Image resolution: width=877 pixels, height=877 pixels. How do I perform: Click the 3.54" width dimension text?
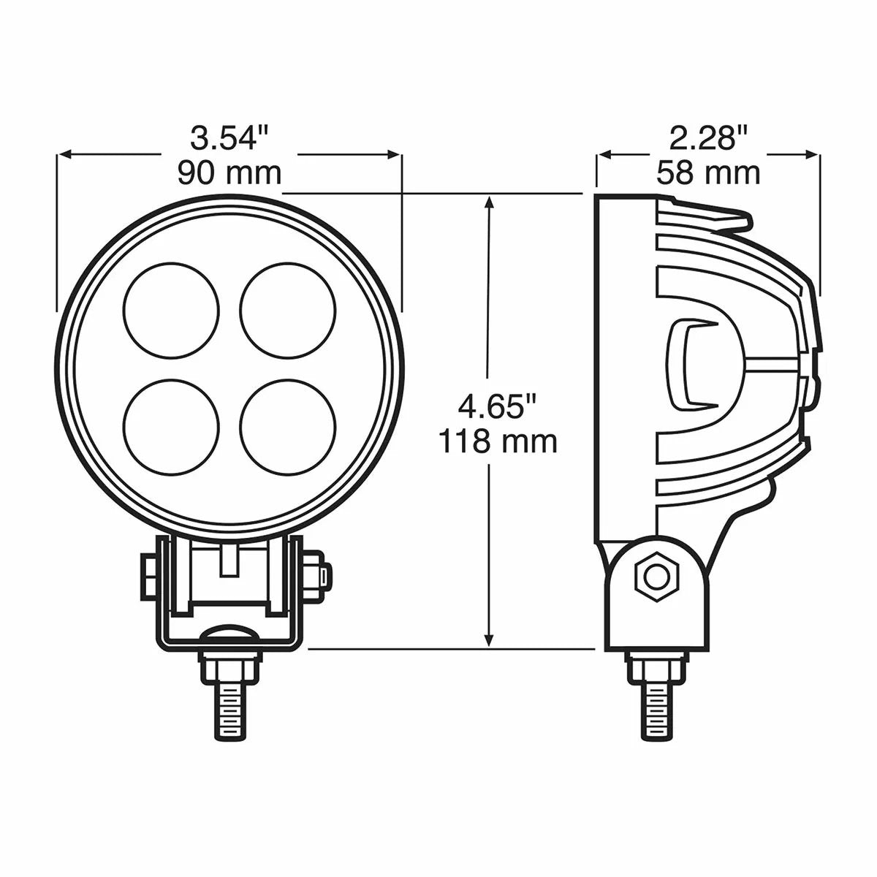(x=229, y=137)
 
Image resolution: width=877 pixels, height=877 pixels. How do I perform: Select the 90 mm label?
(x=229, y=173)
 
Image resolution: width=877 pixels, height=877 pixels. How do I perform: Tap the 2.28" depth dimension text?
(x=707, y=137)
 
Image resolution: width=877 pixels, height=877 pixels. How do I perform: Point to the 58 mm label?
(x=707, y=173)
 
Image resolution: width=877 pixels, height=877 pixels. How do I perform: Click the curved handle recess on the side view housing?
(x=687, y=362)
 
